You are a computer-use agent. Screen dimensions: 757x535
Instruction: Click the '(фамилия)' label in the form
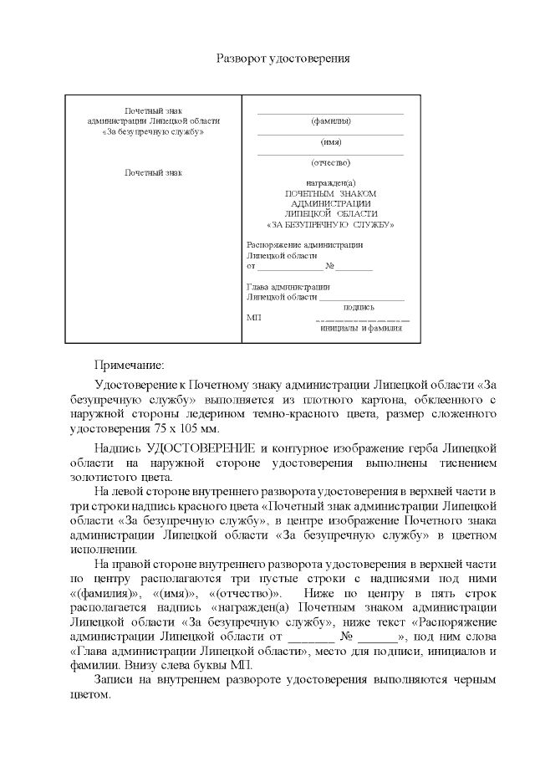click(x=330, y=121)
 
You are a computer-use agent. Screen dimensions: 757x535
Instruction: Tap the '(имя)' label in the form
click(x=331, y=142)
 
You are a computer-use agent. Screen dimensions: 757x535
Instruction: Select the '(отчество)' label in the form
click(x=330, y=162)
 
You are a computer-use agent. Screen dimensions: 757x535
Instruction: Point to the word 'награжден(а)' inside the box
click(x=330, y=183)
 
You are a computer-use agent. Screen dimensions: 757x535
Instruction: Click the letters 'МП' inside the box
click(x=254, y=318)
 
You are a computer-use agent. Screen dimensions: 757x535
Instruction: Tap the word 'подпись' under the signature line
click(x=359, y=307)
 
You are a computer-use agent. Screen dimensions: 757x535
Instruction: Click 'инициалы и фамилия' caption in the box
click(x=361, y=328)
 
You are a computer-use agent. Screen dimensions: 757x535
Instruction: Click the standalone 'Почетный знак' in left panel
click(x=153, y=173)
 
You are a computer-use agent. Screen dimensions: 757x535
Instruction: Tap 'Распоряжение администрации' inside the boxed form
click(x=304, y=245)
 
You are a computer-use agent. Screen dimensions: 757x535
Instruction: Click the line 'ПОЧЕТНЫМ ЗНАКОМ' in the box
click(x=330, y=193)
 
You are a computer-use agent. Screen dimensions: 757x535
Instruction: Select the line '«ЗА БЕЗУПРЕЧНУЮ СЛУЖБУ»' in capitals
click(x=330, y=224)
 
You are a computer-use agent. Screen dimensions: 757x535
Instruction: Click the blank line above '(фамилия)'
click(x=330, y=113)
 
